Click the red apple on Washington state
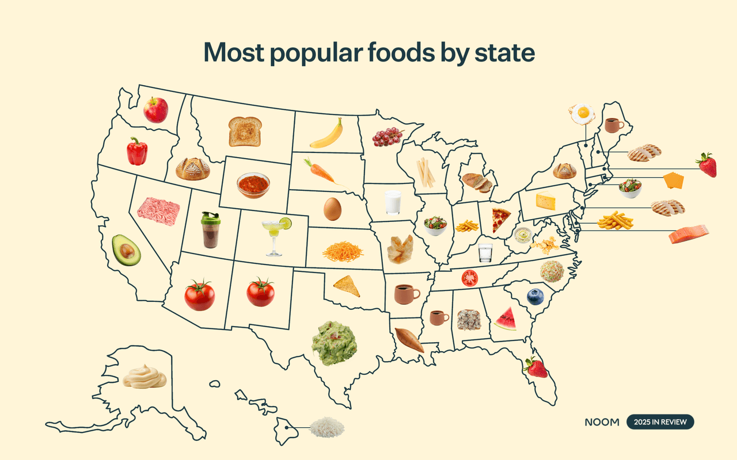(x=155, y=109)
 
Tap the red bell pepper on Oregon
(x=137, y=151)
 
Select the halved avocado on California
(x=126, y=250)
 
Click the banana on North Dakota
(x=326, y=134)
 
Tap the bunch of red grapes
(x=388, y=136)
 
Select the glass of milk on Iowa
(x=393, y=203)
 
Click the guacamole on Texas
(x=334, y=343)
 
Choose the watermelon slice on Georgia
(x=506, y=319)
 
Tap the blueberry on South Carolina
(x=535, y=297)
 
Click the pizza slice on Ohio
(x=501, y=220)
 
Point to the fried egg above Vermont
(x=582, y=113)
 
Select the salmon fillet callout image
(x=689, y=234)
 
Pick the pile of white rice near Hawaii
(x=326, y=427)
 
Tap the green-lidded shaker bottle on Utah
(x=210, y=230)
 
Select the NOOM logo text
(x=602, y=422)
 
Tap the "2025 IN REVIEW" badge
(x=660, y=422)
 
